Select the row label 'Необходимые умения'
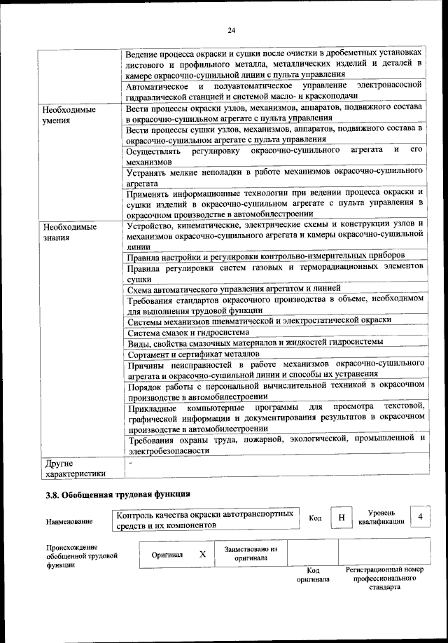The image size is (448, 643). click(69, 116)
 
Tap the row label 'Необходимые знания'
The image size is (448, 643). click(69, 233)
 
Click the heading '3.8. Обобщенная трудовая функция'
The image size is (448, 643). click(118, 495)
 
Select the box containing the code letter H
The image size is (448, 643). click(341, 518)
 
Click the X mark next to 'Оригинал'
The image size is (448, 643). click(202, 554)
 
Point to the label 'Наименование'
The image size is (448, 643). click(70, 522)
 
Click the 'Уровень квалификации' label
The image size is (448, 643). click(381, 518)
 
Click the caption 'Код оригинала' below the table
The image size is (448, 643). click(312, 575)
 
